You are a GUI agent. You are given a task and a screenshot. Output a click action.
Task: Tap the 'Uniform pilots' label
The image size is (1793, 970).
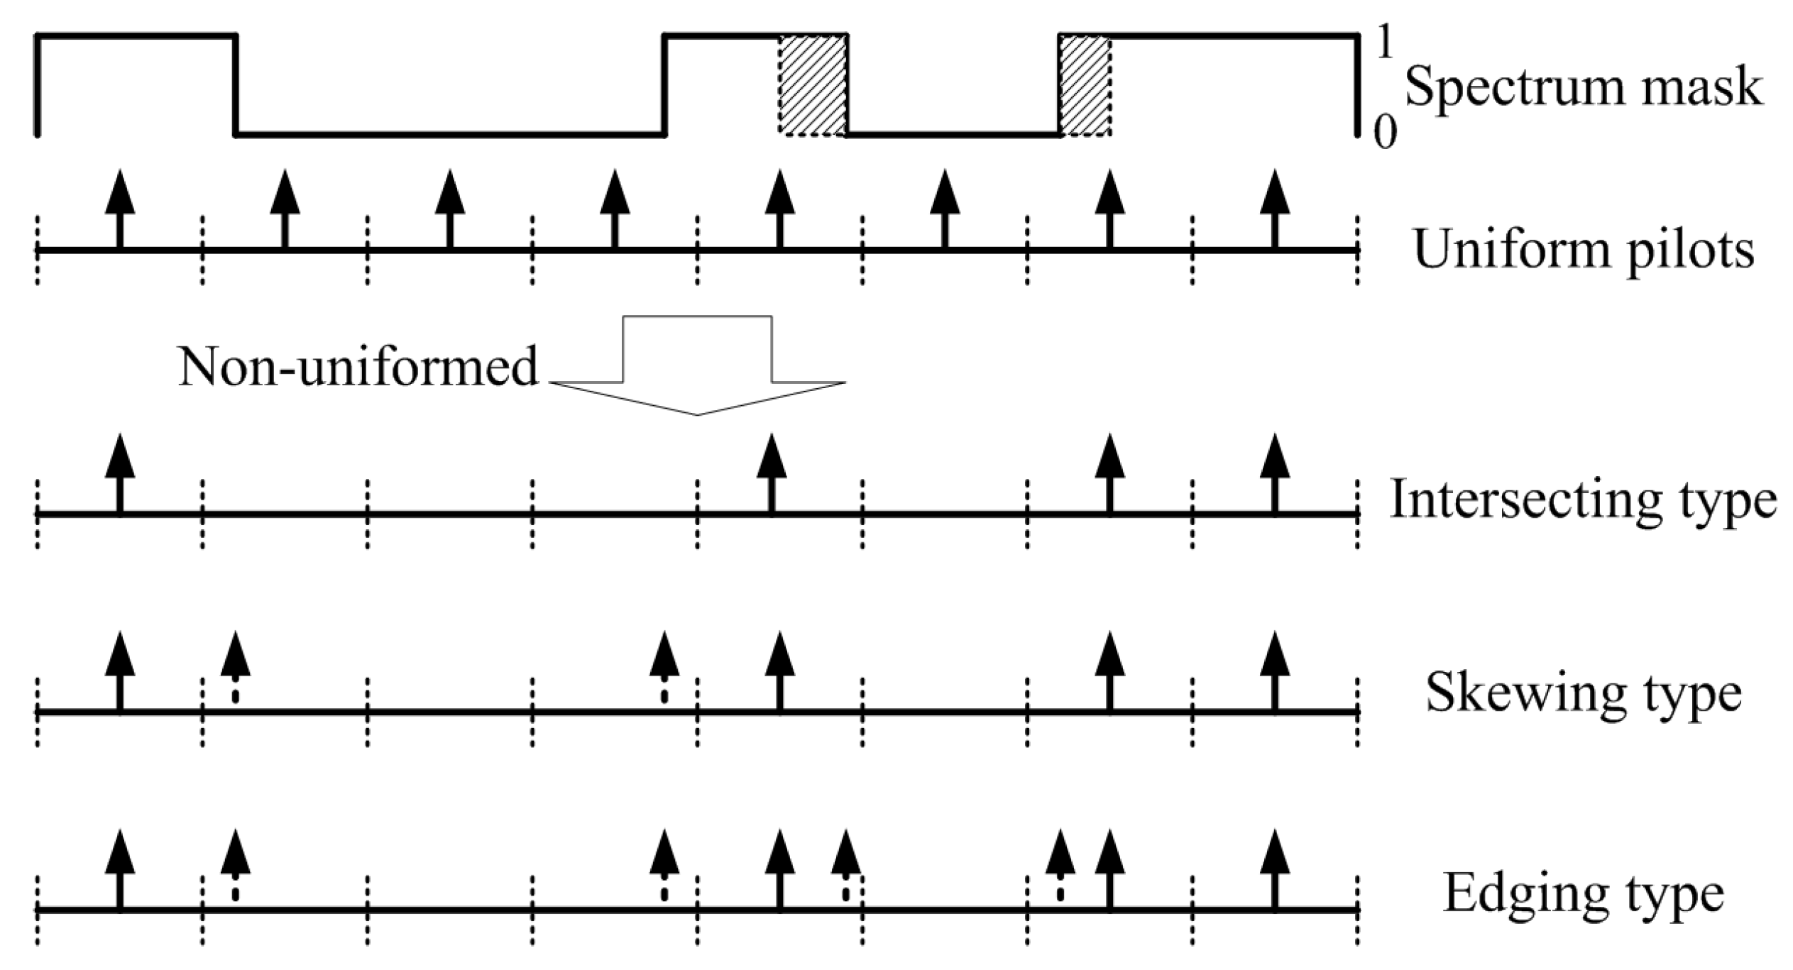pos(1583,250)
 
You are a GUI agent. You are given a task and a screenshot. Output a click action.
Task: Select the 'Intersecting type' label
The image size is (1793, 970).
pos(1583,500)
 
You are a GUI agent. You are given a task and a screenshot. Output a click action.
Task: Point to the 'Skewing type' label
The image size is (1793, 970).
pos(1583,693)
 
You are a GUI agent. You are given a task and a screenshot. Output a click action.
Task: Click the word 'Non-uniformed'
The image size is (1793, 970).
pos(358,367)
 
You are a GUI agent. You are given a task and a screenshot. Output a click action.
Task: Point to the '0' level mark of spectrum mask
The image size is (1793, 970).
pos(1384,132)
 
